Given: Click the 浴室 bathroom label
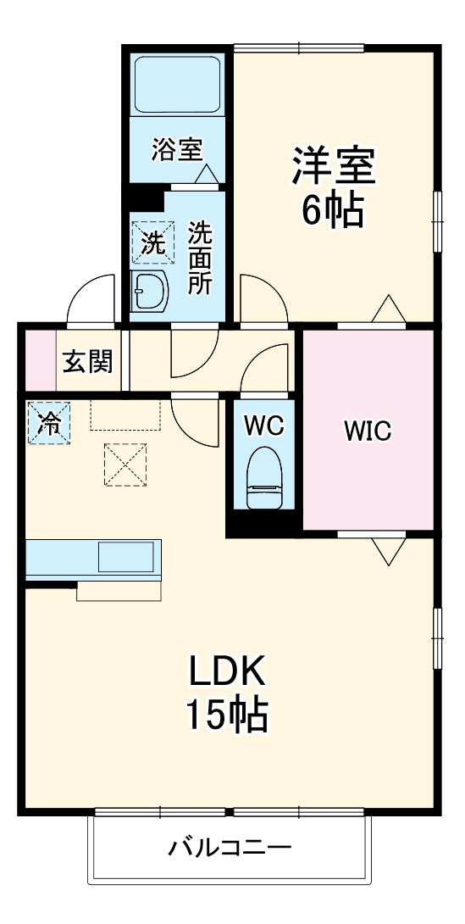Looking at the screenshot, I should (x=177, y=151).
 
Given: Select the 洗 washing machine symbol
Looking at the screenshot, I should (x=153, y=242).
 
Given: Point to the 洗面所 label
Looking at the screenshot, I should (x=200, y=258).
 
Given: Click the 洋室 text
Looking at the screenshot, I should (x=334, y=166).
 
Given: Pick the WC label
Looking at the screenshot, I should (x=264, y=426).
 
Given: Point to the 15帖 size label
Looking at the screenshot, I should (x=227, y=715).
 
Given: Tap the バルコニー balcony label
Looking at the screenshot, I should (x=230, y=848).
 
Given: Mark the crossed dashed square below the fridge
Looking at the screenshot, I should (x=125, y=464).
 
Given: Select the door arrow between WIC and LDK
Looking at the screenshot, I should (x=389, y=550).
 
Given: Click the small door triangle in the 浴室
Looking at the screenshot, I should (x=206, y=175).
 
